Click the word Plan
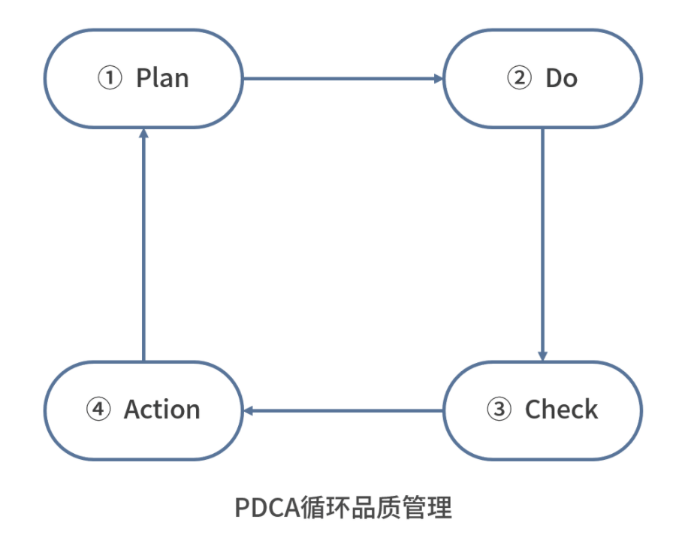(162, 78)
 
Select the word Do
(561, 78)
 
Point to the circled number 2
(519, 78)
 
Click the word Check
(561, 409)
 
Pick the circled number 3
(499, 409)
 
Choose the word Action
(162, 409)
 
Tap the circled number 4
(98, 409)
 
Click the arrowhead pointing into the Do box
(438, 78)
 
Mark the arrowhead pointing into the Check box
(542, 355)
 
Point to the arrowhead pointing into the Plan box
(143, 134)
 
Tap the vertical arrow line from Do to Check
(542, 240)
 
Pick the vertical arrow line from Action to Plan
(143, 248)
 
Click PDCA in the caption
(264, 508)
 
